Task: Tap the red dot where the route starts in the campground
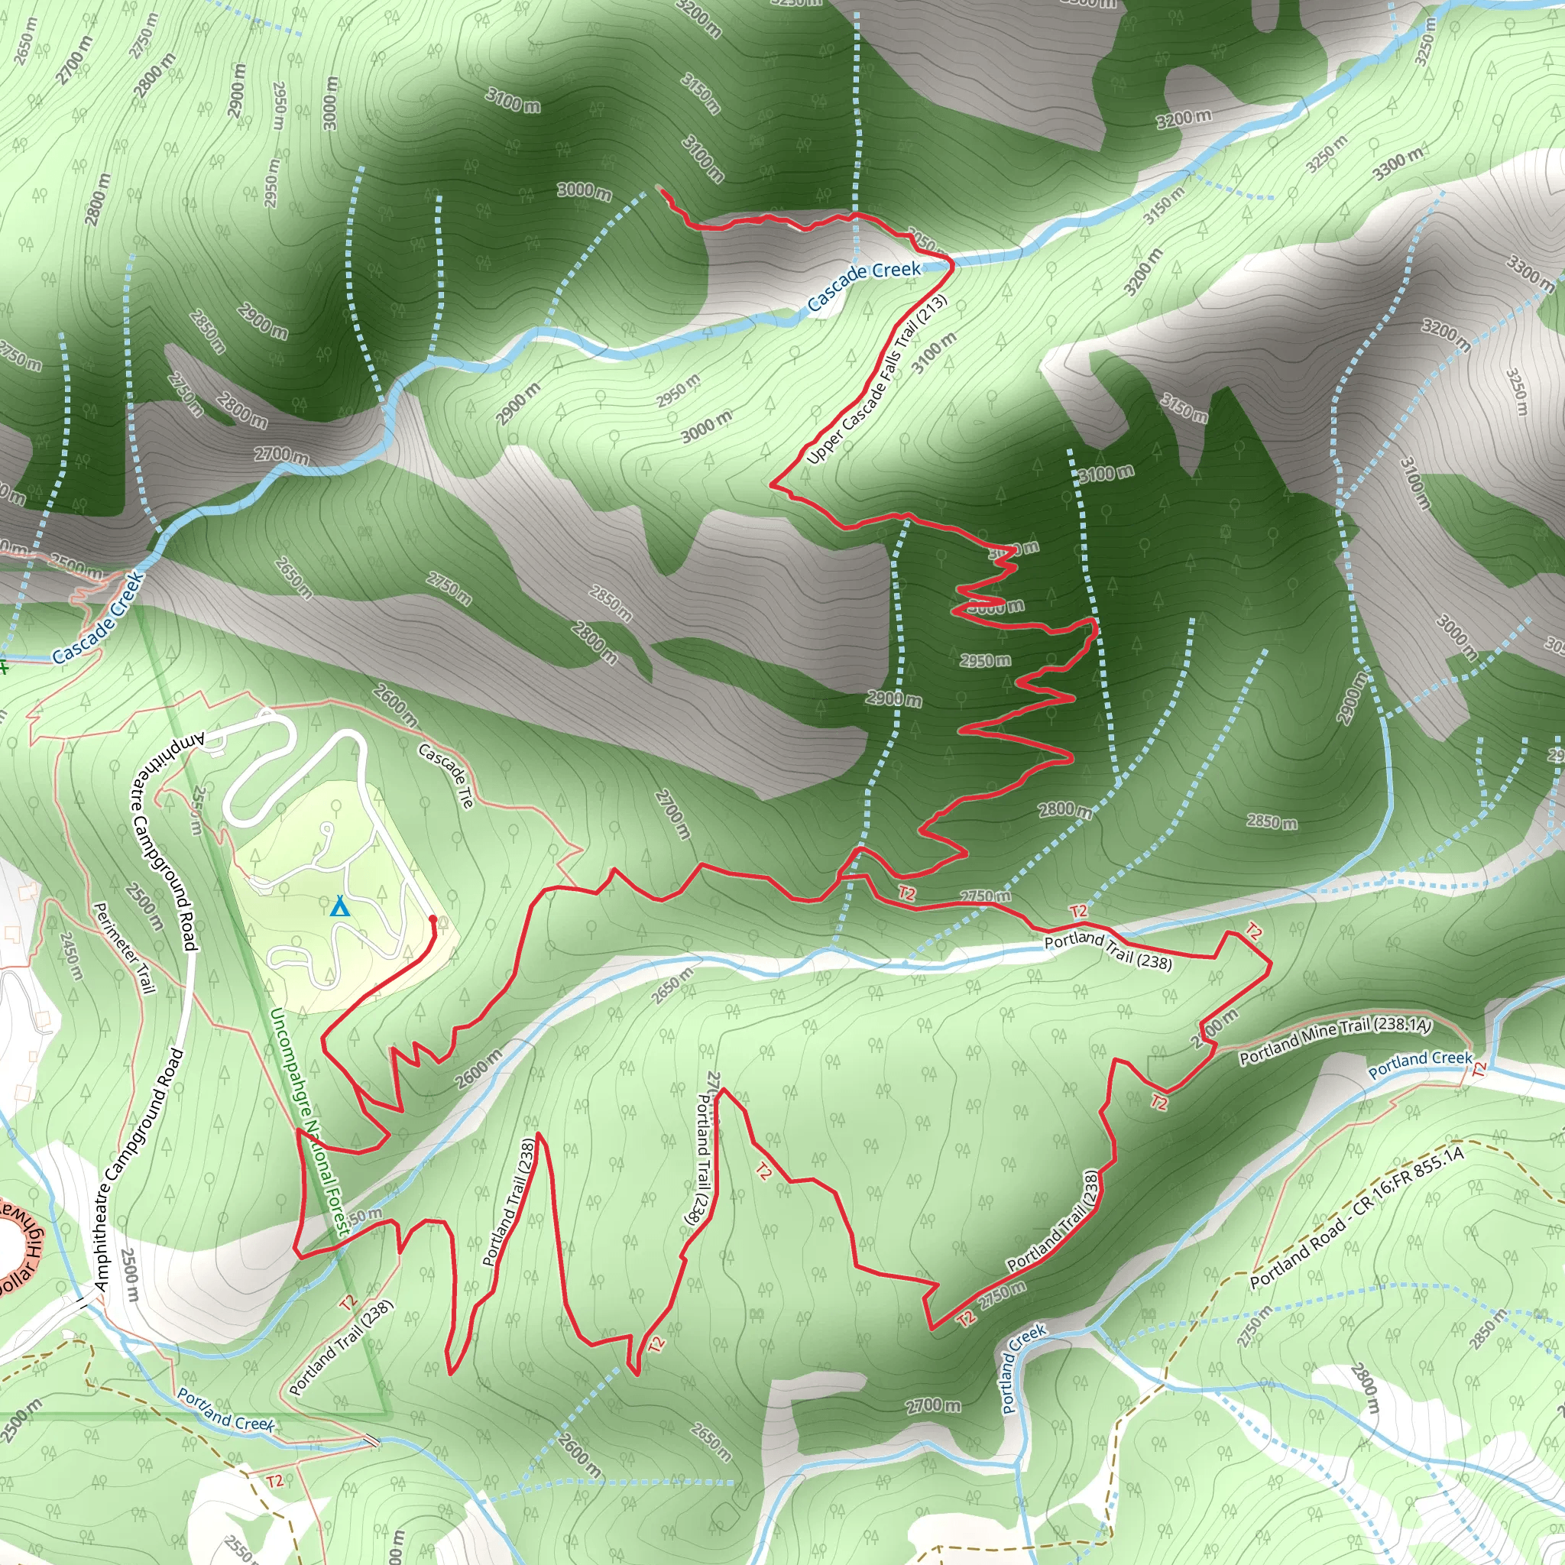tap(433, 919)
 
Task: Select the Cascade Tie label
tap(446, 775)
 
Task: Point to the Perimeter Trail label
tap(124, 948)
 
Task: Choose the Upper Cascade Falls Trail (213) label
tap(876, 381)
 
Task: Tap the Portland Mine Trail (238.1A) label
tap(1336, 1040)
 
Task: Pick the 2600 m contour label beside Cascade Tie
tap(395, 705)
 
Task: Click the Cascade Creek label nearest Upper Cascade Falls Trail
tap(864, 285)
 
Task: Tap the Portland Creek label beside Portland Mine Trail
tap(1420, 1064)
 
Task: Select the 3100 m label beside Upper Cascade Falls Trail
tap(934, 353)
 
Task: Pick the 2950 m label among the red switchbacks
tap(985, 660)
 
